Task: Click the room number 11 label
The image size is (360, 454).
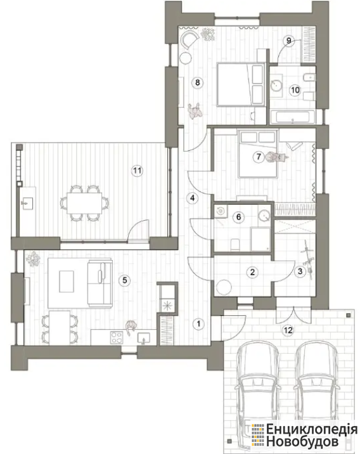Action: point(137,171)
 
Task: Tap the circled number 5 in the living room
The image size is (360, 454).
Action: point(125,280)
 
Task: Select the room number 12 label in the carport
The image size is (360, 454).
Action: point(288,330)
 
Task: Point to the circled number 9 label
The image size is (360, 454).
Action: point(288,41)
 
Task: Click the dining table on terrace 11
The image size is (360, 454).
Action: point(84,203)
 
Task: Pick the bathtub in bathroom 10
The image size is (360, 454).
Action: point(293,117)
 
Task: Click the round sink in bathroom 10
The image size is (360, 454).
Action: point(277,85)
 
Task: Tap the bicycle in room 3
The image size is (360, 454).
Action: point(308,260)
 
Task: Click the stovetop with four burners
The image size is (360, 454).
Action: point(117,337)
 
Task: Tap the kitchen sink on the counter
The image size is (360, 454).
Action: point(144,338)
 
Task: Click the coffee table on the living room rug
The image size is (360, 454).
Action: point(67,282)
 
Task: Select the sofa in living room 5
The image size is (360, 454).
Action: point(100,283)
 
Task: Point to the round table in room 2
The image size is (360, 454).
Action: point(224,287)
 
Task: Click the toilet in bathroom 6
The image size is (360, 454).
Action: point(235,245)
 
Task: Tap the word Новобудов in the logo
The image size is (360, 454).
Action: point(302,442)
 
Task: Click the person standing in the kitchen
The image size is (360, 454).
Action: point(131,326)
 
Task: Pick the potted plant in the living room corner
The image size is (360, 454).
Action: point(33,259)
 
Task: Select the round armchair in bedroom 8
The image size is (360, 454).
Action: point(189,39)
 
